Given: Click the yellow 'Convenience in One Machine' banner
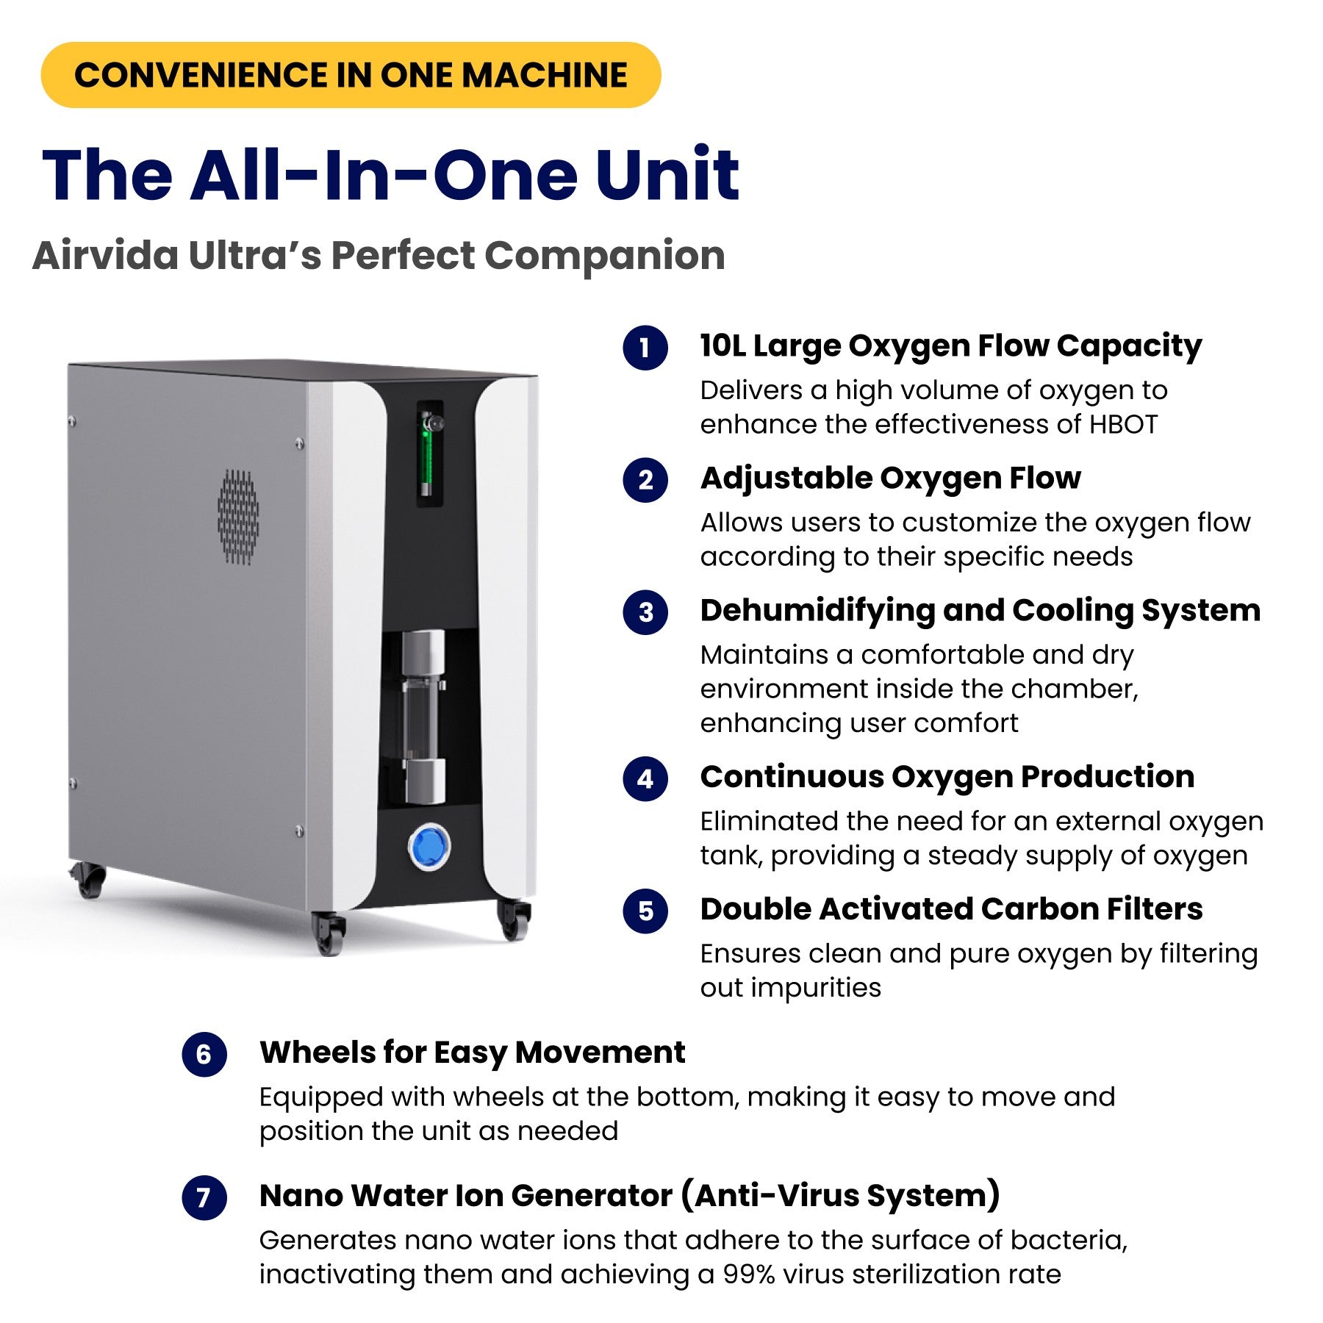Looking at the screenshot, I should [351, 75].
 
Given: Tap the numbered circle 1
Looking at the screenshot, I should [645, 348].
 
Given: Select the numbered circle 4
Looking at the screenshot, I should [645, 778].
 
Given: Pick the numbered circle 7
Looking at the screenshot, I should [204, 1198].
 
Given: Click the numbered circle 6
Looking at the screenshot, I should [204, 1055].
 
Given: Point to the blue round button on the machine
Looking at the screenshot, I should [429, 847].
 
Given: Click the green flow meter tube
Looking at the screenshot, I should [426, 456].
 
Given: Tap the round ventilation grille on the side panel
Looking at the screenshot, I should [238, 517].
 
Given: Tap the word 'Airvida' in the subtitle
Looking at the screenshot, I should [105, 256].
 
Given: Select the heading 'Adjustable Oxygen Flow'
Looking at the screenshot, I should [890, 478].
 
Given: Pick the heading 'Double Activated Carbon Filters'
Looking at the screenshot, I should [951, 909].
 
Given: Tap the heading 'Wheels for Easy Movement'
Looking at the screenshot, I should [472, 1053].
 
